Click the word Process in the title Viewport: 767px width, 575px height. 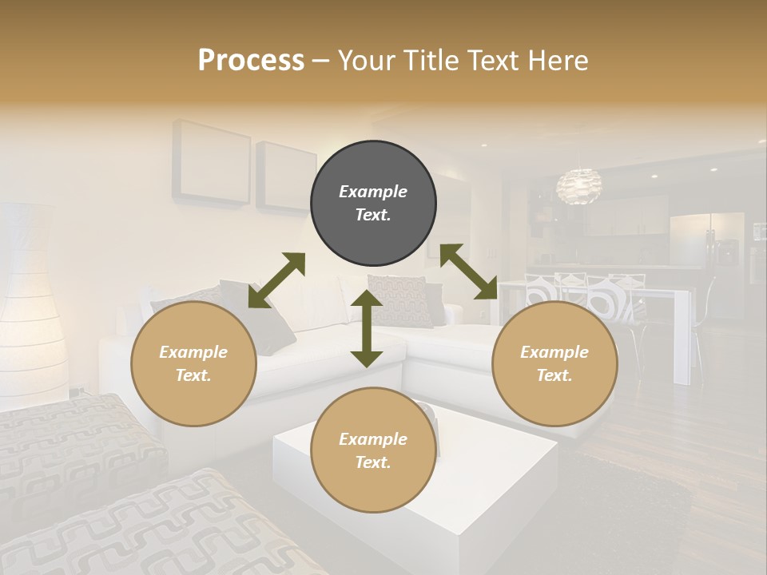click(x=251, y=61)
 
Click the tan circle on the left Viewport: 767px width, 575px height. click(x=193, y=363)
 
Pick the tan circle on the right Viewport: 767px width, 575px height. click(x=554, y=363)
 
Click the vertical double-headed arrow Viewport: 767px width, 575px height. click(x=367, y=328)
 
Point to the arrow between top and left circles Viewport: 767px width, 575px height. click(x=276, y=280)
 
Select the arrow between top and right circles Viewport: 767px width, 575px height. click(x=468, y=272)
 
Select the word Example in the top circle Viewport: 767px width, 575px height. click(x=373, y=192)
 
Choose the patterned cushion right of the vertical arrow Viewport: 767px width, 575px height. click(x=399, y=299)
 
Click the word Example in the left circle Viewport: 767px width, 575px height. click(x=193, y=352)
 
